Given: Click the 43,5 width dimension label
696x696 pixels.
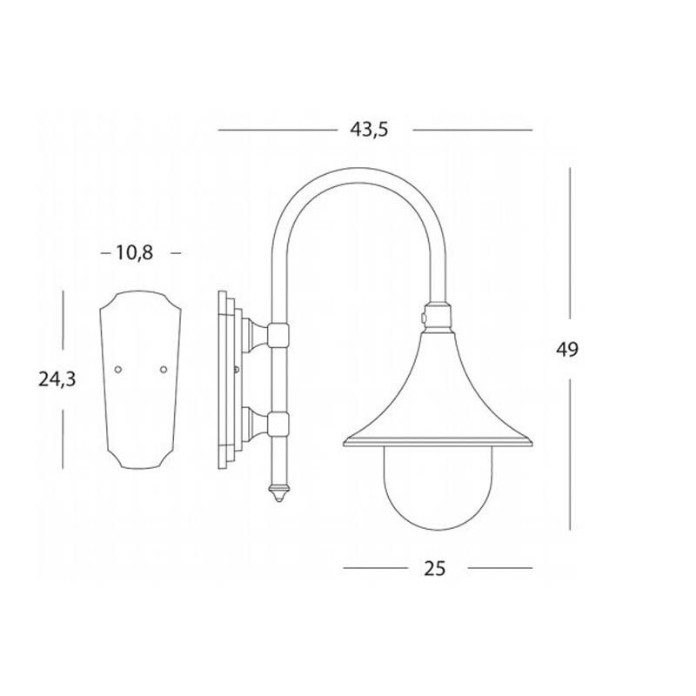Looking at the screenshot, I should coord(368,130).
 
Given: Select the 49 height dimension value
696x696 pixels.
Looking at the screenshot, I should coord(567,349).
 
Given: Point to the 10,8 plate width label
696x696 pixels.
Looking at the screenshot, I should coord(134,252).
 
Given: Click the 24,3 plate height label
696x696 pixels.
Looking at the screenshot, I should coord(57,379).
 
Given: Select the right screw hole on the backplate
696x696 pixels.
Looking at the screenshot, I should coord(163,370).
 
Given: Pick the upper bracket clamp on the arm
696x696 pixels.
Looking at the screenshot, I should coord(278,333).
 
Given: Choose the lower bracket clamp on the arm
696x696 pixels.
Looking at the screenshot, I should coord(278,424).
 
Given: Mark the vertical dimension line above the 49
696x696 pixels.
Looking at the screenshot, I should coord(570,244).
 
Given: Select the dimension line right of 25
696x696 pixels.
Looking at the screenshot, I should coord(499,568).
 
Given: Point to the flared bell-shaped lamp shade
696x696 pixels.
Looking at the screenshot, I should coord(435,391).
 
